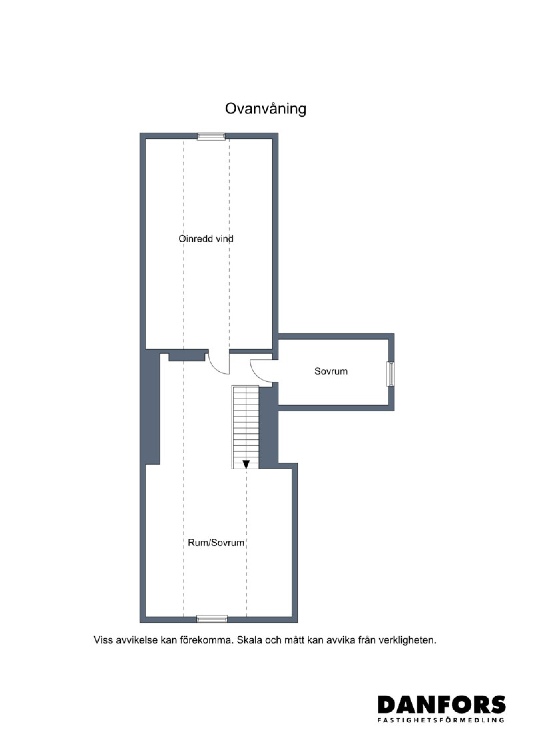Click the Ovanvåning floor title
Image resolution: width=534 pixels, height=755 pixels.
point(265,109)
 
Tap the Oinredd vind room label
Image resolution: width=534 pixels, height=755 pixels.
point(206,239)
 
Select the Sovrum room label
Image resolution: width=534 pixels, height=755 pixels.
point(331,371)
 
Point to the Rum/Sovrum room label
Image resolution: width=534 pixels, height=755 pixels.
point(216,542)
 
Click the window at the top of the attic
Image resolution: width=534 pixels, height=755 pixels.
point(211,136)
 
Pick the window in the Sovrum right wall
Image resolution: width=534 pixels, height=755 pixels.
point(391,374)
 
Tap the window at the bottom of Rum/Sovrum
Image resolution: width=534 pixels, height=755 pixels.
point(212,619)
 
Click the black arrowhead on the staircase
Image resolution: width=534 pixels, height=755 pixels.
point(246,464)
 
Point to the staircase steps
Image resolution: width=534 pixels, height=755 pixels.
point(246,427)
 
